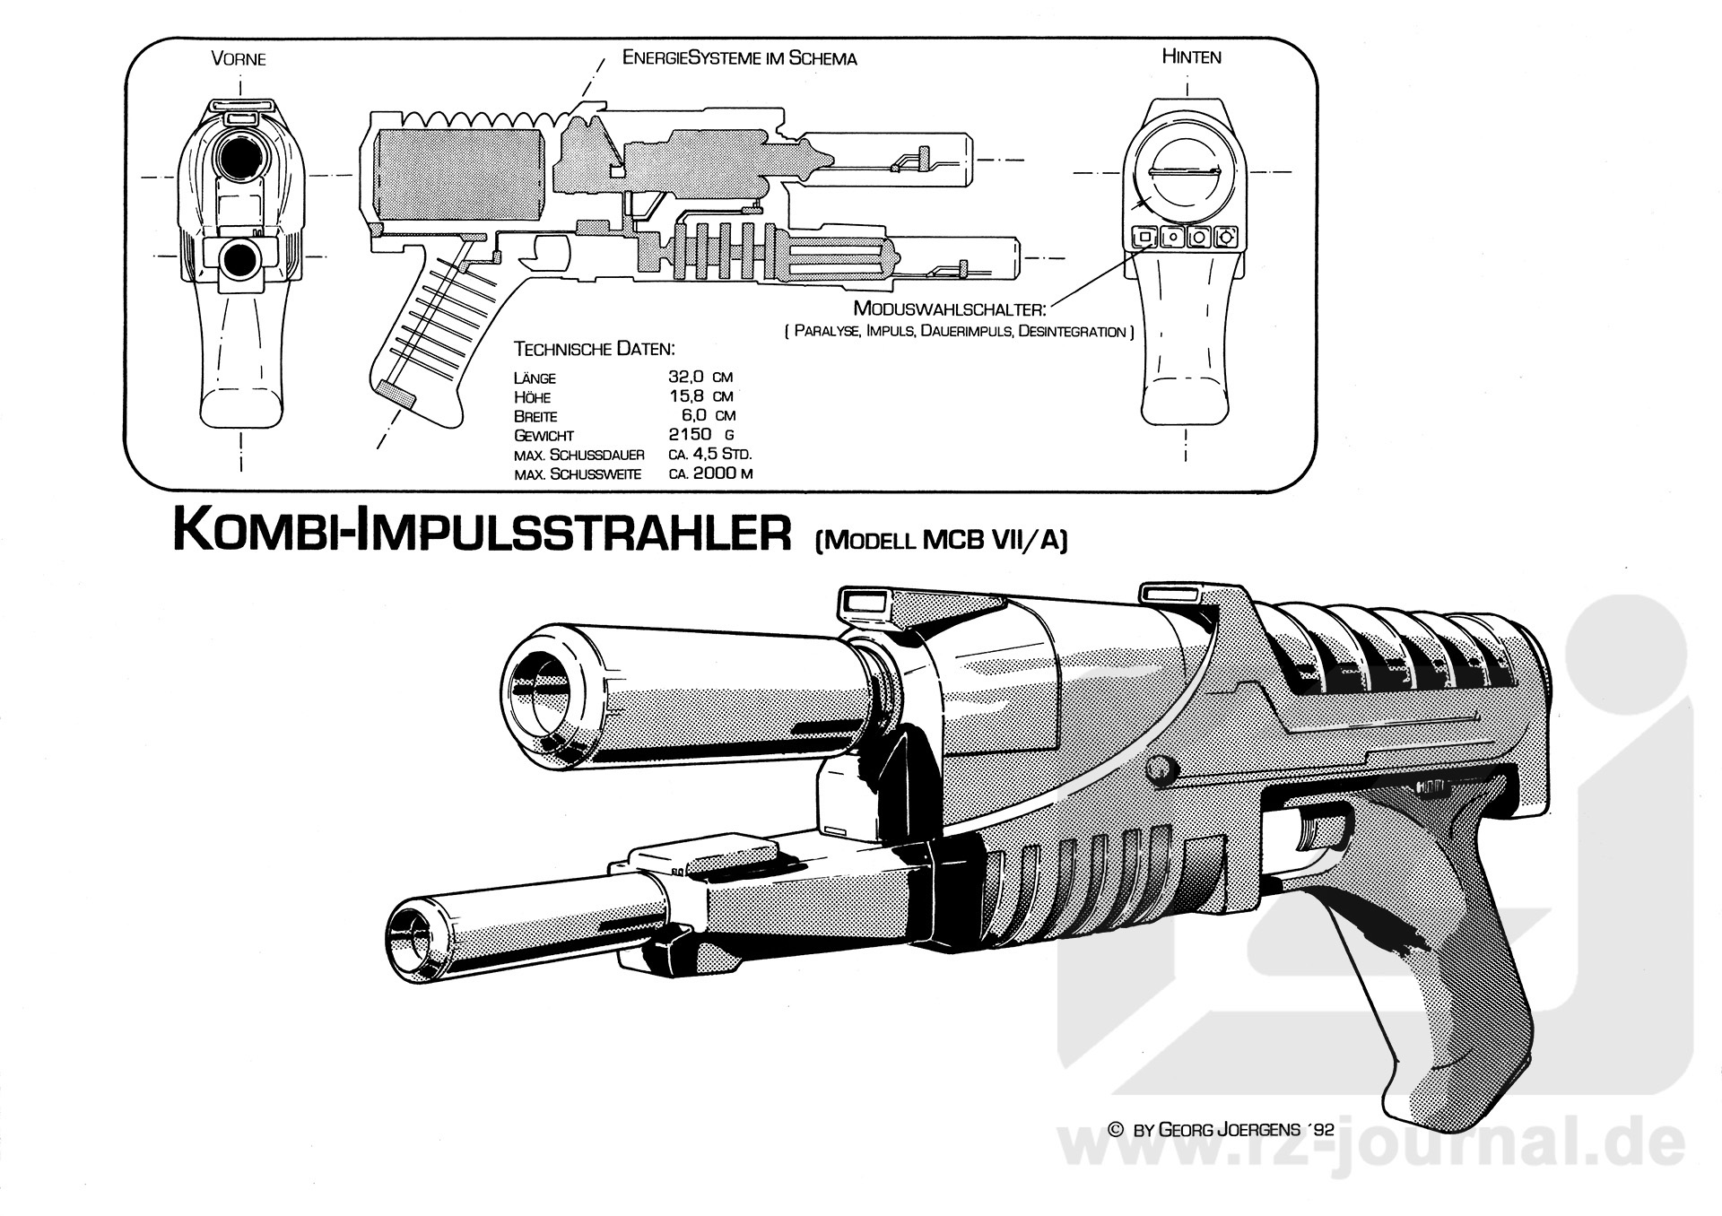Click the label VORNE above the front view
239,60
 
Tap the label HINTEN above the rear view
1191,56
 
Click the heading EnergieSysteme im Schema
739,58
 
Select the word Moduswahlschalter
950,309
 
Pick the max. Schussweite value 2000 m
710,473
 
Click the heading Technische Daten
594,349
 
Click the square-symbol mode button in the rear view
1144,238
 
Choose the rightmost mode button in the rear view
1226,238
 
